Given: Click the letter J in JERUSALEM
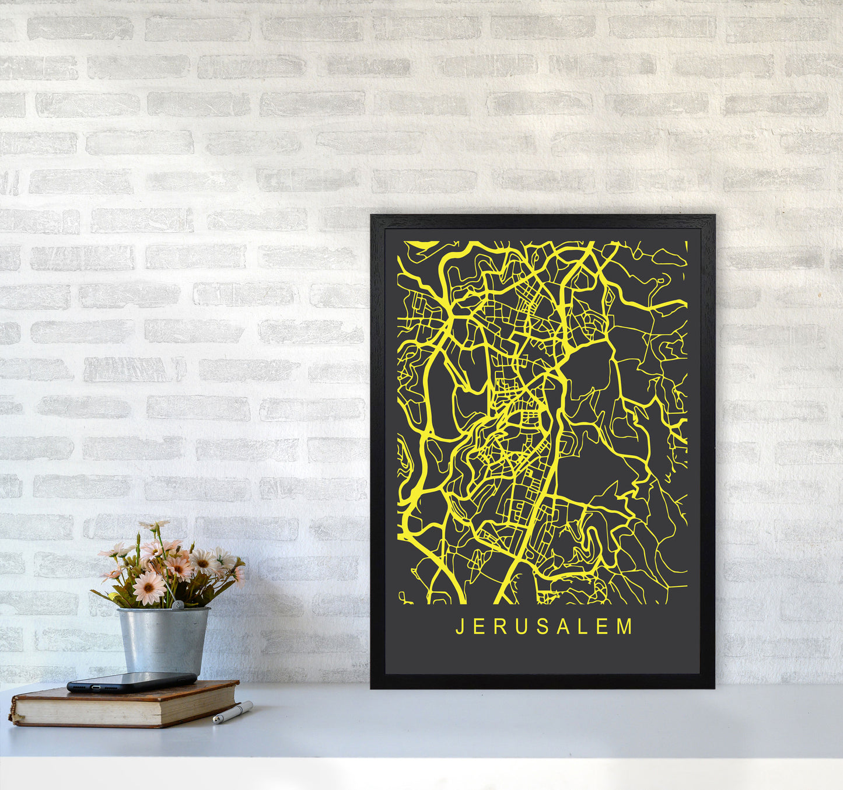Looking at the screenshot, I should click(459, 627).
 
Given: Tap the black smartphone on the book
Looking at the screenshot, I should click(132, 681).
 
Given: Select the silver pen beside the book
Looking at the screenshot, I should click(233, 712).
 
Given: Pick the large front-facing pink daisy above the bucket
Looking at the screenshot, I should click(149, 588).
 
